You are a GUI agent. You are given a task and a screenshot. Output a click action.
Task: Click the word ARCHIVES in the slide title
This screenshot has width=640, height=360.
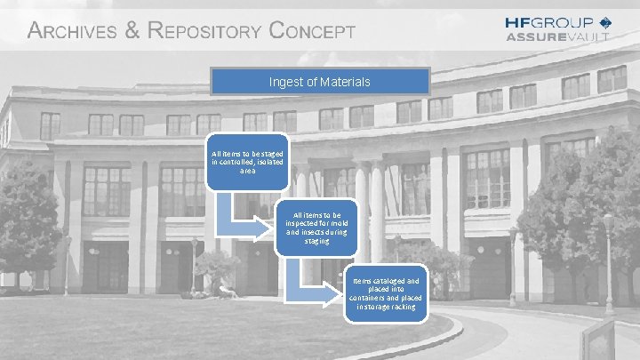[72, 31]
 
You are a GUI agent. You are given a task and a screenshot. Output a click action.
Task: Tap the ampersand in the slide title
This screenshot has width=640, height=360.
[132, 31]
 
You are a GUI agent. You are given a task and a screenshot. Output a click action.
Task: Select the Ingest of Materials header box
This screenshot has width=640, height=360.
[320, 82]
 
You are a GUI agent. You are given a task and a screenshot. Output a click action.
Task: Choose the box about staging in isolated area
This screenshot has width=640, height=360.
[247, 162]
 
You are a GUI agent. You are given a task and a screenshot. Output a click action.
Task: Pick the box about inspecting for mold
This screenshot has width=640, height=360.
[316, 228]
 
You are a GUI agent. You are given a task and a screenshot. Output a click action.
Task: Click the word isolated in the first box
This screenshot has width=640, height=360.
[271, 162]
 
